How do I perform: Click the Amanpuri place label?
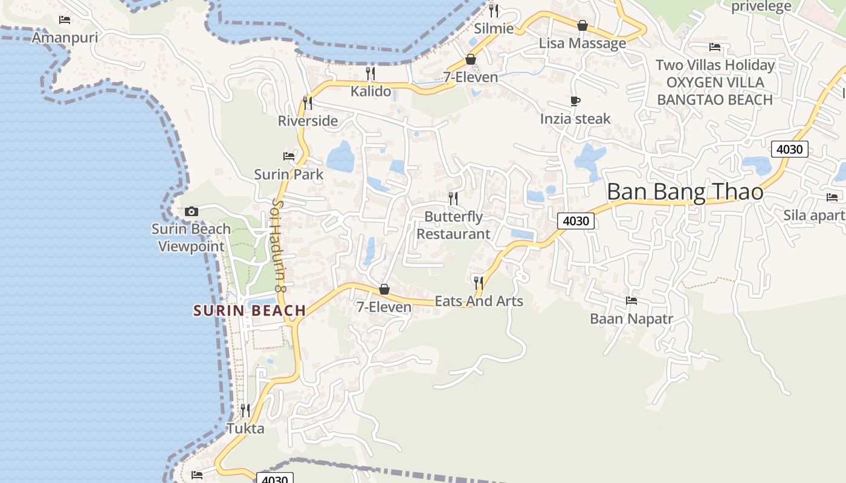(x=65, y=38)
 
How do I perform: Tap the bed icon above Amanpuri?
(x=65, y=20)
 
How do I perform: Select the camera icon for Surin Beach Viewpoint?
(x=192, y=211)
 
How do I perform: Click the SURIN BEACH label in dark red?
(x=250, y=311)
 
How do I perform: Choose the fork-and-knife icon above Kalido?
(x=370, y=74)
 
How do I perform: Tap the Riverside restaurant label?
(x=308, y=121)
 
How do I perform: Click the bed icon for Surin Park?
(x=289, y=156)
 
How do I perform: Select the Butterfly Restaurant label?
(x=453, y=225)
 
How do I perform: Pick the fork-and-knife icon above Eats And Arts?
(x=479, y=282)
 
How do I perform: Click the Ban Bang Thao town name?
(x=685, y=192)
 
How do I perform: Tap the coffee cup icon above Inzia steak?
(x=575, y=101)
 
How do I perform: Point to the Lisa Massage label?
(x=583, y=43)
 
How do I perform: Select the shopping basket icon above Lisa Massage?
(x=583, y=25)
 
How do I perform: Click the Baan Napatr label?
(x=631, y=319)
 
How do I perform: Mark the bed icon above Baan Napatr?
(x=631, y=300)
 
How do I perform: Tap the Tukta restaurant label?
(x=245, y=429)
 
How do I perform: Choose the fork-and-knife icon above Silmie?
(x=494, y=10)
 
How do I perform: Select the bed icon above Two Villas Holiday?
(x=715, y=46)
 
